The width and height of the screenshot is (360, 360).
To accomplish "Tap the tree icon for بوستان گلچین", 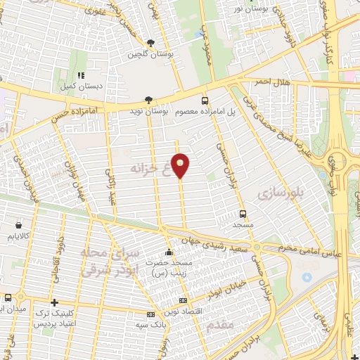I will [x=150, y=43].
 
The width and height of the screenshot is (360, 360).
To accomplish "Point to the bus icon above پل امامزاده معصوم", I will [x=205, y=101].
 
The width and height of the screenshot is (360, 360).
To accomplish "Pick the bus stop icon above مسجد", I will [x=243, y=214].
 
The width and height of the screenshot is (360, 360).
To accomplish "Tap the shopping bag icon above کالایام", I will [x=17, y=226].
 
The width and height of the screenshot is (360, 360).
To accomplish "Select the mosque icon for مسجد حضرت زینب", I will [x=168, y=253].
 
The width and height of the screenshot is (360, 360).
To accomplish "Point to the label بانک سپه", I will [x=150, y=324].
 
